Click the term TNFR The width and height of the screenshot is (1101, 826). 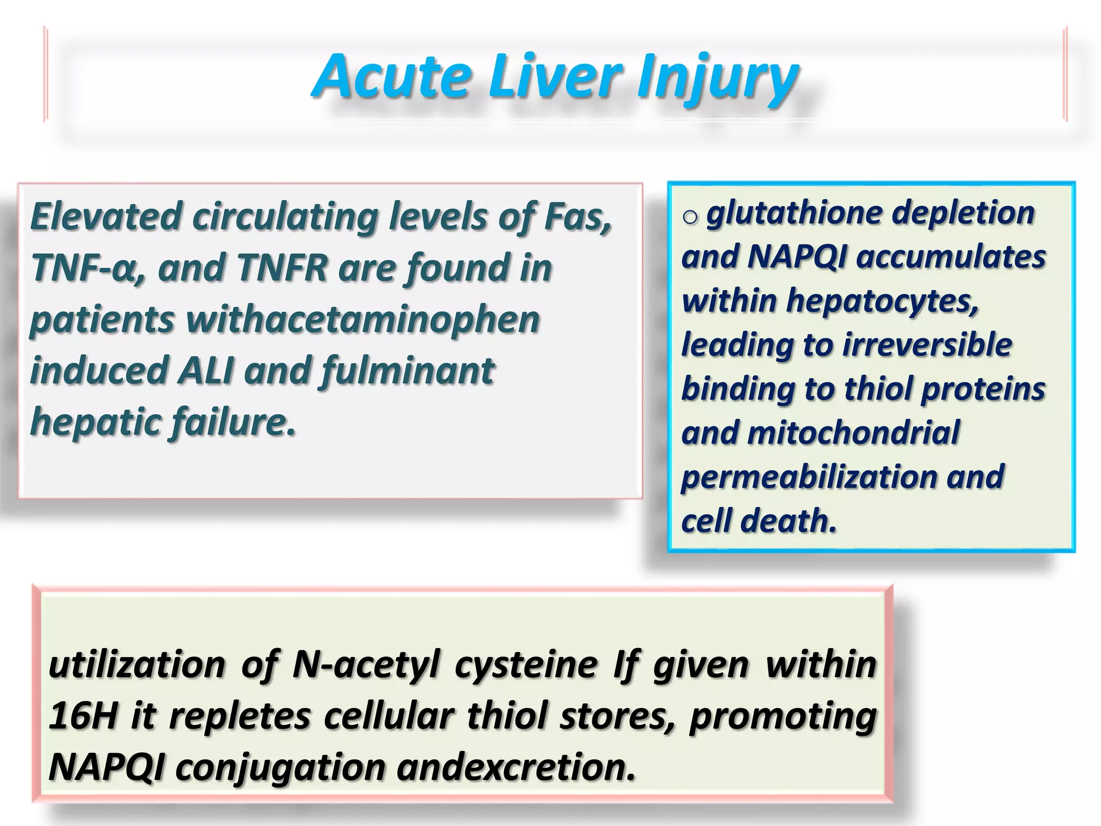[x=282, y=267]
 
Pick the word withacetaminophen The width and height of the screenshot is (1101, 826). [x=363, y=319]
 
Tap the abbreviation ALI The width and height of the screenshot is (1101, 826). [x=206, y=371]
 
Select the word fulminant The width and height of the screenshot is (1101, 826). [x=407, y=371]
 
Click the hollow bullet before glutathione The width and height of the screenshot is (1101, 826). [x=690, y=217]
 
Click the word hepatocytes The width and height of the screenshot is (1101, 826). [x=882, y=301]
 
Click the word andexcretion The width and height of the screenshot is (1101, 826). [x=516, y=767]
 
